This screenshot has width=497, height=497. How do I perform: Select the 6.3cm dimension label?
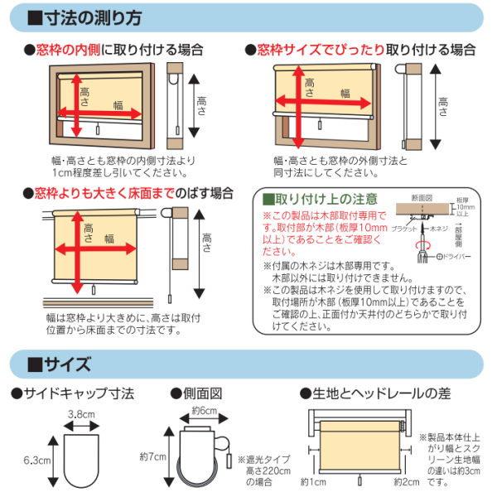[33, 457]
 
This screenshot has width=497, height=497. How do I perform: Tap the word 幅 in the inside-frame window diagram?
[119, 106]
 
